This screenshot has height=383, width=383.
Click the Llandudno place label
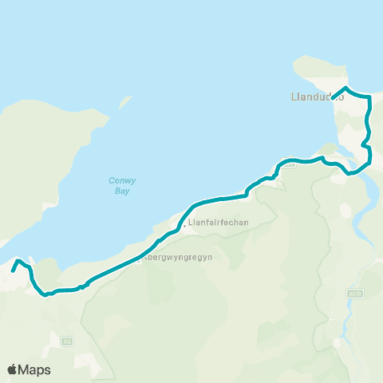(x=318, y=98)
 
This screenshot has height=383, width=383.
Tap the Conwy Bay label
(x=121, y=186)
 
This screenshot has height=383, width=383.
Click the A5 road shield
(x=68, y=341)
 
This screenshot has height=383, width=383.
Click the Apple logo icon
(x=13, y=369)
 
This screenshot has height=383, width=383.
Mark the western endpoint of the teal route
(x=12, y=271)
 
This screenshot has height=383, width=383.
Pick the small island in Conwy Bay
(x=124, y=105)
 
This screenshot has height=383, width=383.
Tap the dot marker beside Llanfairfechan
(x=184, y=226)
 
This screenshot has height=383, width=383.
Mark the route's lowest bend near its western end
(x=44, y=294)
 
